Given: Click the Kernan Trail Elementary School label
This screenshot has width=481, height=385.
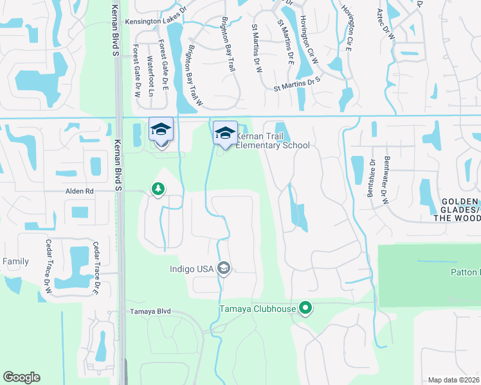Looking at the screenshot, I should [273, 141].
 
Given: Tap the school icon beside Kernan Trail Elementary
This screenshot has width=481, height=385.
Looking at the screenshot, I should [225, 133].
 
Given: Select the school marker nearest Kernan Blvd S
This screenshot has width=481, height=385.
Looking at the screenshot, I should [161, 130].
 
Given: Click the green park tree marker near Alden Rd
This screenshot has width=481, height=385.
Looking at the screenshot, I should [158, 189].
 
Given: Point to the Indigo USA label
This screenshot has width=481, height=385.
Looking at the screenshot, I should [192, 269].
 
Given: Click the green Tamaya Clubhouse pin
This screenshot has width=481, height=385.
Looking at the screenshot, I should [305, 309].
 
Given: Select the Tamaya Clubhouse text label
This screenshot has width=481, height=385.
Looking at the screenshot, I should [258, 309].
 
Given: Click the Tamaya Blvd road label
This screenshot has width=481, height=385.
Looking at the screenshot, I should [150, 311].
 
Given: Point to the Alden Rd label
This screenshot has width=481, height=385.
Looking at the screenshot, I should [79, 191].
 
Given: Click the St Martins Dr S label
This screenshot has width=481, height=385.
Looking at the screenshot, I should [296, 82].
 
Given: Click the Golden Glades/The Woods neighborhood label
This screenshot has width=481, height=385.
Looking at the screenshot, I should [460, 210].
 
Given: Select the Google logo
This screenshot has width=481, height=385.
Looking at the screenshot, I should [21, 377].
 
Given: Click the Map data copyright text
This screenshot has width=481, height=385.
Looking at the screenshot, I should [453, 380].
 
